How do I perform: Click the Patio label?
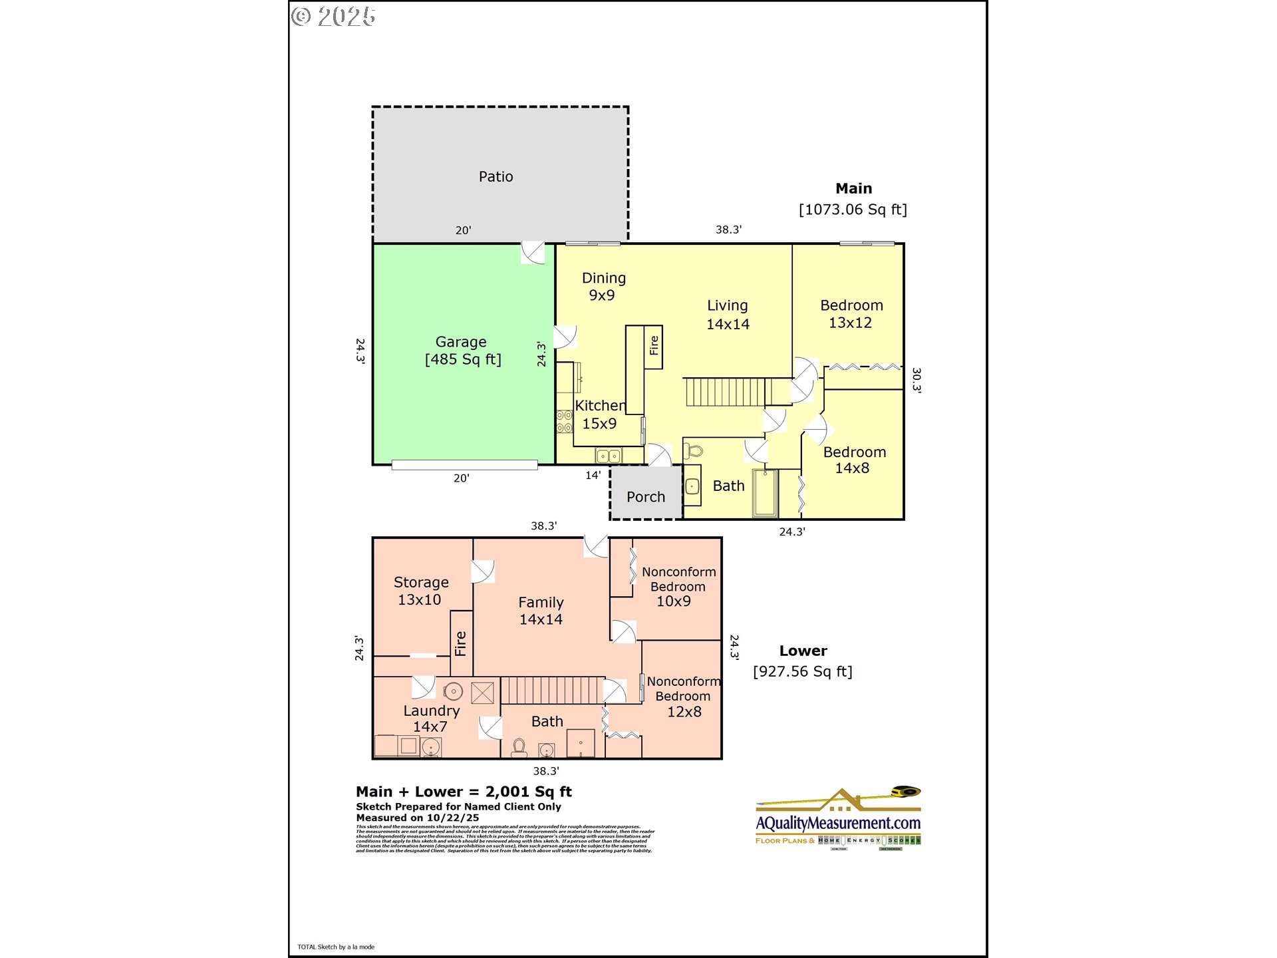[496, 177]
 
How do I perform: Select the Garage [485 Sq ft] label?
[462, 351]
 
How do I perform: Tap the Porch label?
[645, 497]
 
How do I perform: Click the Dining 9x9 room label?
[603, 287]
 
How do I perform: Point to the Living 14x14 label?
[727, 315]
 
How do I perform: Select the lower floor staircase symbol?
[552, 691]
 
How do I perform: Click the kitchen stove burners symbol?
[564, 422]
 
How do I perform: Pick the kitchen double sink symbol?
[609, 456]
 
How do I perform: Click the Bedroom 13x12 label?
[851, 314]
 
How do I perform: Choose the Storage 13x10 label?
[420, 591]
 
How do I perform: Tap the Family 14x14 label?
[541, 611]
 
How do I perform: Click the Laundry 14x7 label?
[431, 718]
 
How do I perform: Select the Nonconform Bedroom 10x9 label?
[678, 587]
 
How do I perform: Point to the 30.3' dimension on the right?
[917, 380]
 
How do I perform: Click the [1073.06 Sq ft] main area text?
[853, 210]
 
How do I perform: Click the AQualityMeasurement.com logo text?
[838, 824]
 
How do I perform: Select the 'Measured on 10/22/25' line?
[418, 818]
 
